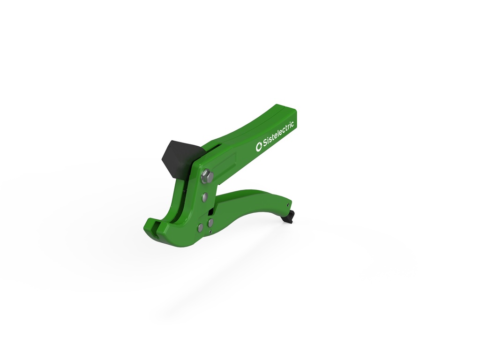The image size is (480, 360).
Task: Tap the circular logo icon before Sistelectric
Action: [258, 147]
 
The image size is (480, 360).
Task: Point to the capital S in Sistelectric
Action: [263, 144]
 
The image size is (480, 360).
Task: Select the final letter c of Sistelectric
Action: [292, 124]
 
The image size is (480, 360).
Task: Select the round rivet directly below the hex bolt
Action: [205, 197]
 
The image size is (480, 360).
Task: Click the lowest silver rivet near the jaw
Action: [201, 228]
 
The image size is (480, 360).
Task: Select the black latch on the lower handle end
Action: [288, 217]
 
